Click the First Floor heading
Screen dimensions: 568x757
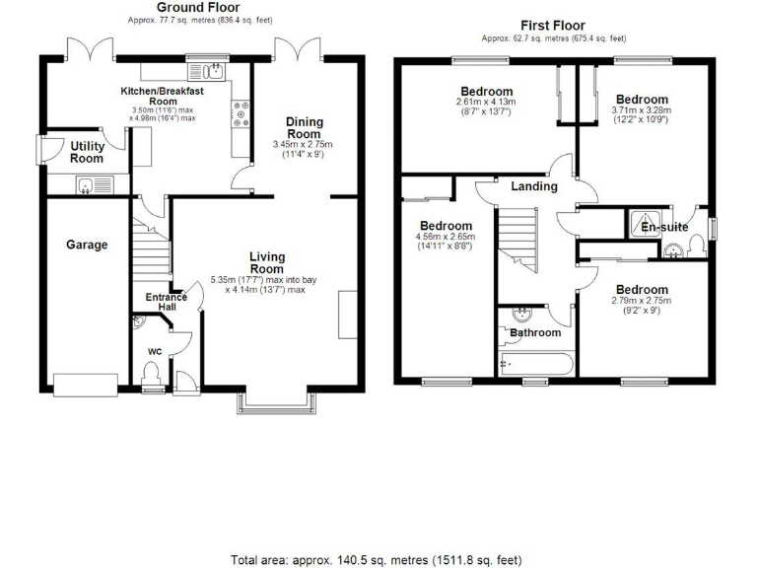coord(553,26)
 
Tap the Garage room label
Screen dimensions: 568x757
coord(87,245)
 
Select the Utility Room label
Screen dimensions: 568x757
coord(87,152)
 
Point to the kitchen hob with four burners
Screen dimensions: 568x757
coord(241,114)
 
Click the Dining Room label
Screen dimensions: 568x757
coord(304,127)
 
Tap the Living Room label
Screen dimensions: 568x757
coord(266,262)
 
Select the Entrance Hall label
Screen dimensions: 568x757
coord(167,303)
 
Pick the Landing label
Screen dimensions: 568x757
coord(533,186)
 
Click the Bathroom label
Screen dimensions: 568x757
coord(535,332)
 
